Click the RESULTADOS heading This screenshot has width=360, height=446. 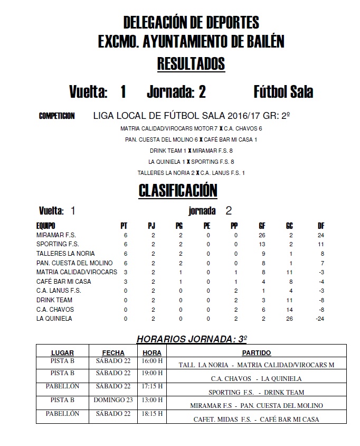[x=191, y=64]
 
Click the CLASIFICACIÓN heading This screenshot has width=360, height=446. [x=178, y=190]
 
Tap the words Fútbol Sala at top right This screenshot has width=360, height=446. [x=283, y=92]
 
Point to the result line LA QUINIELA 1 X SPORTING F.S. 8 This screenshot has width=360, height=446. [x=191, y=162]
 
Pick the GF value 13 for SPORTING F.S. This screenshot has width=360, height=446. [x=262, y=244]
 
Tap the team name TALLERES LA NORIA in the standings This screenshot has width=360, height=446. [x=65, y=254]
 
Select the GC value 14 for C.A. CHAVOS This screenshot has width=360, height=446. [x=290, y=309]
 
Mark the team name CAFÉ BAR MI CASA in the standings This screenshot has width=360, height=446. [x=64, y=282]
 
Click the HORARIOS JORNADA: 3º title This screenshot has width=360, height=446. [x=192, y=338]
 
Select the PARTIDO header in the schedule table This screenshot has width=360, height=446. [x=257, y=352]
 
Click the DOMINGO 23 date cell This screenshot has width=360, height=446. [x=113, y=400]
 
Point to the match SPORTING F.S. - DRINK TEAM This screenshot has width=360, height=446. [x=256, y=392]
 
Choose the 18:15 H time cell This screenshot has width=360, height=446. [x=153, y=414]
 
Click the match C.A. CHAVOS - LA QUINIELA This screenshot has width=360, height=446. [x=256, y=378]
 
